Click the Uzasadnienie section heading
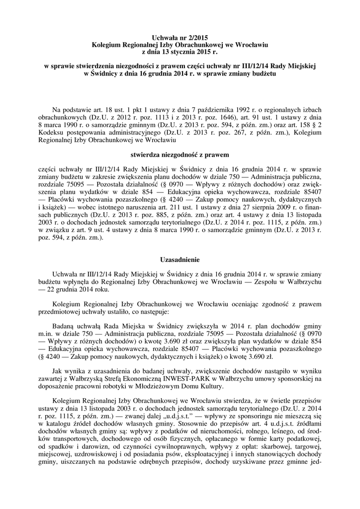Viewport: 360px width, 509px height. [180, 259]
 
